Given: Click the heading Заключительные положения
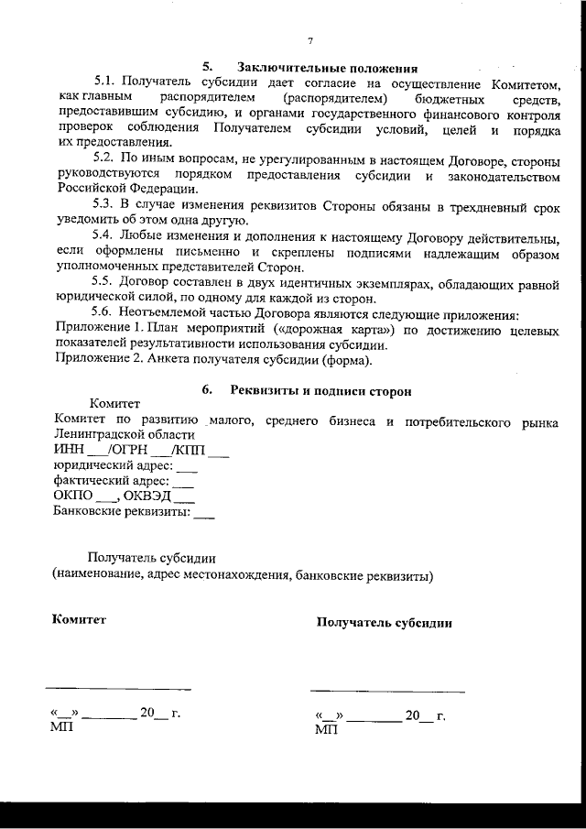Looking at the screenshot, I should click(327, 68).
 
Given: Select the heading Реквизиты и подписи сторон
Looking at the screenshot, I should click(320, 390).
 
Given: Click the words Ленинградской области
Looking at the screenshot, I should click(124, 435).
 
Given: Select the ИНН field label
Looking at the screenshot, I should click(69, 451).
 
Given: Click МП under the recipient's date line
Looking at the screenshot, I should click(325, 731).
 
